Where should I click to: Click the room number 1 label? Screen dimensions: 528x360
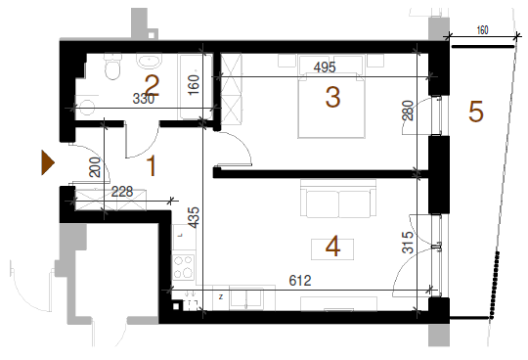pyautogui.click(x=152, y=165)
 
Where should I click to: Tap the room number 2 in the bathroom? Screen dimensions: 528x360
pyautogui.click(x=152, y=86)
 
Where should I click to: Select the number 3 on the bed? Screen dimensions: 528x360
pyautogui.click(x=332, y=97)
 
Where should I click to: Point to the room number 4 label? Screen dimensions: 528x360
pyautogui.click(x=332, y=247)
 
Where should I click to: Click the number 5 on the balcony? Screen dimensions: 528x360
pyautogui.click(x=476, y=112)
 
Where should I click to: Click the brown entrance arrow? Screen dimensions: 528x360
pyautogui.click(x=48, y=162)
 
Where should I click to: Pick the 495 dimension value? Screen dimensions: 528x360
pyautogui.click(x=325, y=67)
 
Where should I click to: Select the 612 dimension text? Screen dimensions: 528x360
pyautogui.click(x=300, y=280)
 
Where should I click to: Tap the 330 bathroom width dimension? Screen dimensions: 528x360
pyautogui.click(x=144, y=99)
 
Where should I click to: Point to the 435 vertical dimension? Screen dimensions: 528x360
pyautogui.click(x=194, y=217)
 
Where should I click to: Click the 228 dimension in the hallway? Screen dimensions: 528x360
pyautogui.click(x=122, y=192)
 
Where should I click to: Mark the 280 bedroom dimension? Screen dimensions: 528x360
pyautogui.click(x=408, y=111)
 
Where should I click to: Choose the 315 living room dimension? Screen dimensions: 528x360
pyautogui.click(x=408, y=243)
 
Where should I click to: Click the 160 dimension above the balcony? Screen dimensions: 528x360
pyautogui.click(x=483, y=30)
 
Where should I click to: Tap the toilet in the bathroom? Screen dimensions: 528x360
pyautogui.click(x=112, y=67)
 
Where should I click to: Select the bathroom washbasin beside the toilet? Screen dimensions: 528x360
pyautogui.click(x=149, y=61)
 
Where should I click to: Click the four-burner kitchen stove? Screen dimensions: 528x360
pyautogui.click(x=184, y=267)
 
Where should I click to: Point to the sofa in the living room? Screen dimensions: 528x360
pyautogui.click(x=338, y=198)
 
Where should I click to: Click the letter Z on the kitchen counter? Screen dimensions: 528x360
pyautogui.click(x=221, y=297)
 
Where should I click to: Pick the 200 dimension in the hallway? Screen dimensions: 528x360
pyautogui.click(x=95, y=167)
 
